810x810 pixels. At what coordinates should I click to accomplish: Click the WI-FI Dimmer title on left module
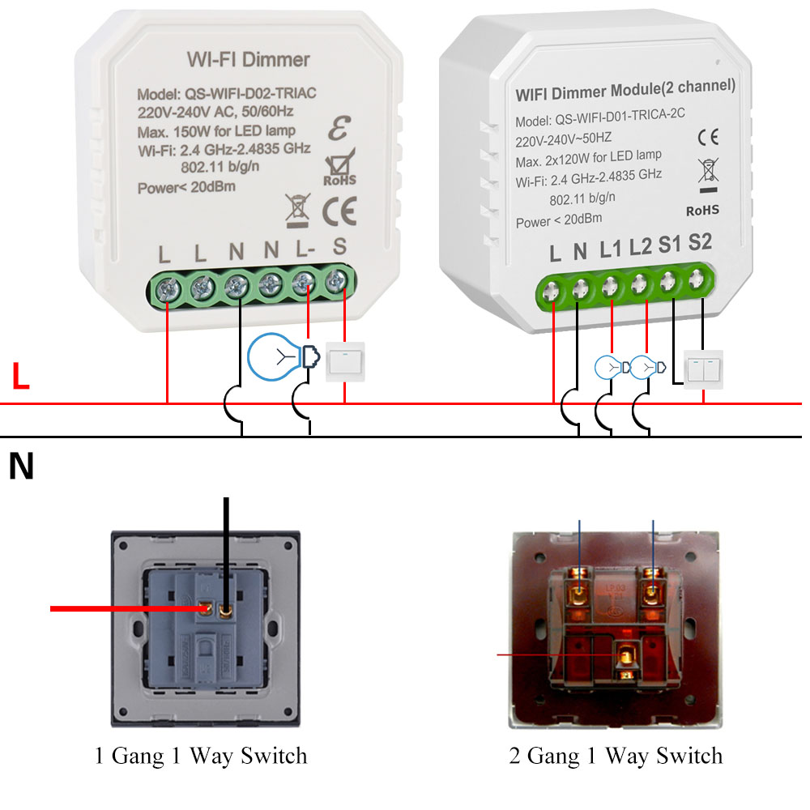(x=248, y=60)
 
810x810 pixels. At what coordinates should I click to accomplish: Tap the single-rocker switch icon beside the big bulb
(x=346, y=361)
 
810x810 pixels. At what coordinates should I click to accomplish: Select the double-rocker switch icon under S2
(x=702, y=369)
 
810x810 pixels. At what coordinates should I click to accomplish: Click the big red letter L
(x=21, y=377)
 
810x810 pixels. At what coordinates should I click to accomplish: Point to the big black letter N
(x=22, y=467)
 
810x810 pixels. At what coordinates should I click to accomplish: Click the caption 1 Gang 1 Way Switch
(x=201, y=757)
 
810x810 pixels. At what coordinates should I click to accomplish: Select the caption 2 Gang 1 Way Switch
(x=616, y=757)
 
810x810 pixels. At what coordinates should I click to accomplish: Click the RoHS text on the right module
(x=702, y=211)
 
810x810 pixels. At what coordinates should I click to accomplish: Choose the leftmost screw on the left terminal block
(x=168, y=286)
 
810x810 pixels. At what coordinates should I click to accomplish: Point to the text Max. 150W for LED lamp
(x=216, y=130)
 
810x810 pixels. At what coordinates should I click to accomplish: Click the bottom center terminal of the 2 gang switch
(x=625, y=656)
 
